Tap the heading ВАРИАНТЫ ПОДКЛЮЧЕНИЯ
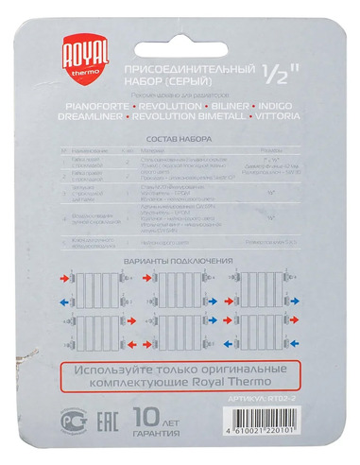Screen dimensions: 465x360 (x=179, y=259)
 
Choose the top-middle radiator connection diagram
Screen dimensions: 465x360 (x=179, y=284)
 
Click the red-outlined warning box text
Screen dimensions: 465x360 (x=180, y=374)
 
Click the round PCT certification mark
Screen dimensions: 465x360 (x=67, y=420)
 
